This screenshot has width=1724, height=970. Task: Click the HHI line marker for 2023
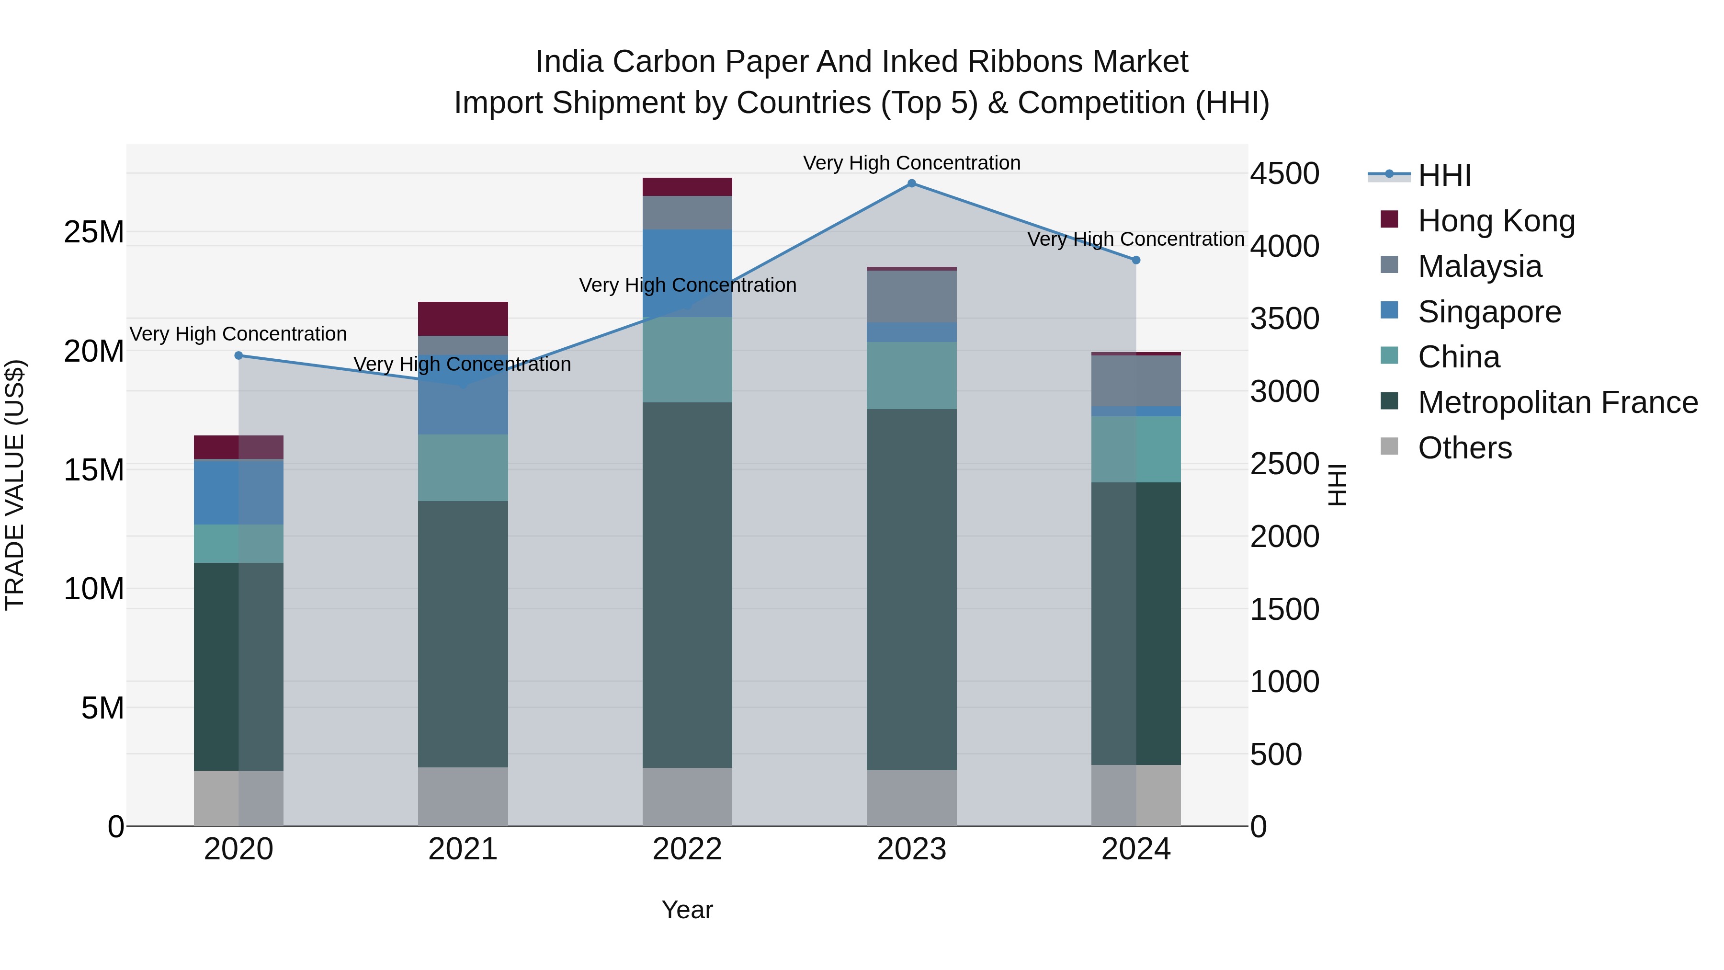(911, 183)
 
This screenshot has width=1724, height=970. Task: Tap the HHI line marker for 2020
(239, 355)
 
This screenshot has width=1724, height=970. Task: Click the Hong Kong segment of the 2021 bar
(463, 319)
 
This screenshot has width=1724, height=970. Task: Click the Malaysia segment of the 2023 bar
(911, 297)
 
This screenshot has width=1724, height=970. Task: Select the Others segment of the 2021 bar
(463, 796)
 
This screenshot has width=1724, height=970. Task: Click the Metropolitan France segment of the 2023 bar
(911, 589)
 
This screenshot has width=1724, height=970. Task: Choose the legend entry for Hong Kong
(1496, 221)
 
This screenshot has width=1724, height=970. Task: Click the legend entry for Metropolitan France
(1557, 402)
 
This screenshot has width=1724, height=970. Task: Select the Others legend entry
(1464, 448)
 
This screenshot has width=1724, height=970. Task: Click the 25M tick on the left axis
(94, 232)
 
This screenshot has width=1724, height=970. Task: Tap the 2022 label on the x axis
(687, 849)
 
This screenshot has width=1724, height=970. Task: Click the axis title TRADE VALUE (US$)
(15, 485)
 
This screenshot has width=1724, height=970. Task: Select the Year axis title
(687, 910)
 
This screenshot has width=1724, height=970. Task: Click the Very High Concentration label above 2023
(911, 163)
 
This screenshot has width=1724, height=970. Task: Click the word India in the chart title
(568, 62)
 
